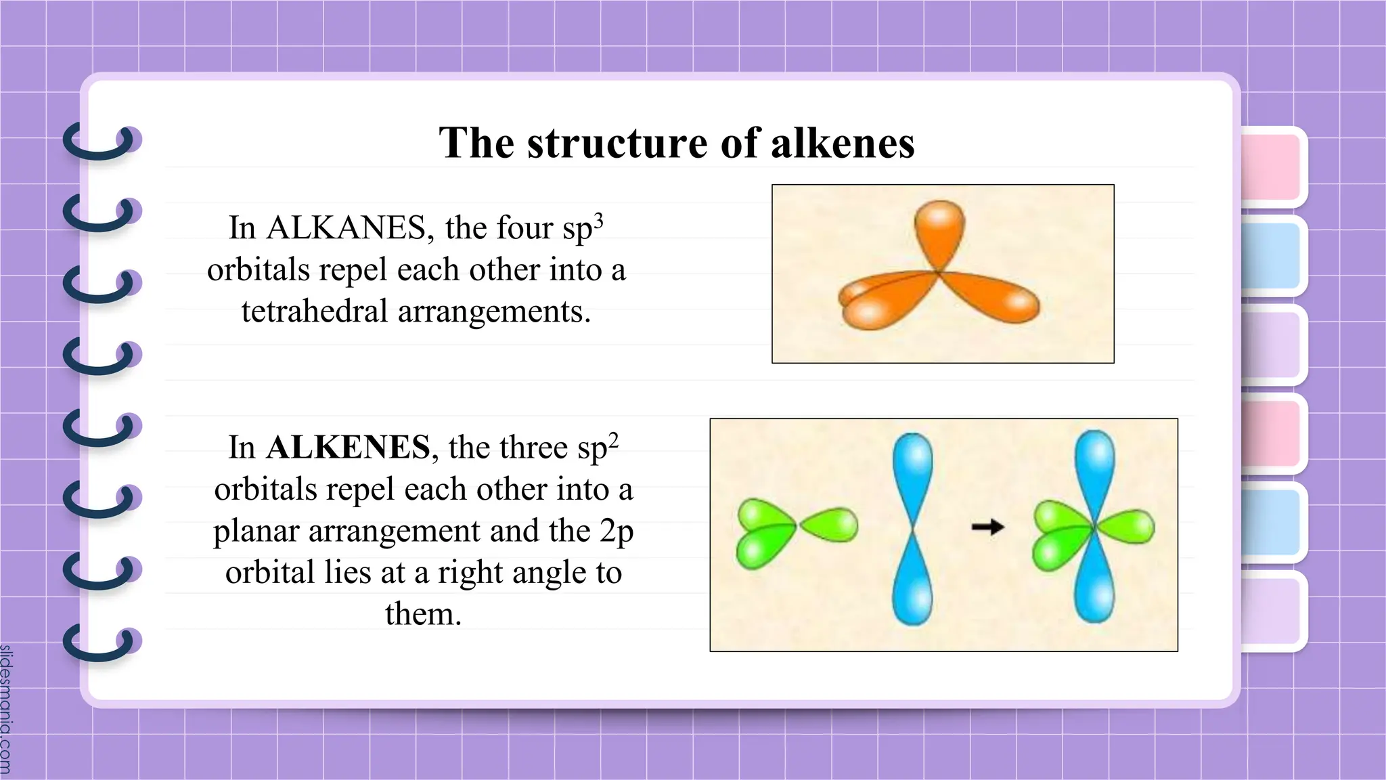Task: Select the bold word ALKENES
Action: pos(348,448)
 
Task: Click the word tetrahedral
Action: pos(314,312)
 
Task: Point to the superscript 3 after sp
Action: pos(598,221)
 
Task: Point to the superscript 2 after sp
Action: pos(613,441)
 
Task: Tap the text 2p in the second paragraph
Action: pos(616,531)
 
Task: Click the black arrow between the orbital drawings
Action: pos(987,526)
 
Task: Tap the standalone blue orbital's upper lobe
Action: pos(912,474)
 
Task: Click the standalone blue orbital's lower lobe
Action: pos(912,582)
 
